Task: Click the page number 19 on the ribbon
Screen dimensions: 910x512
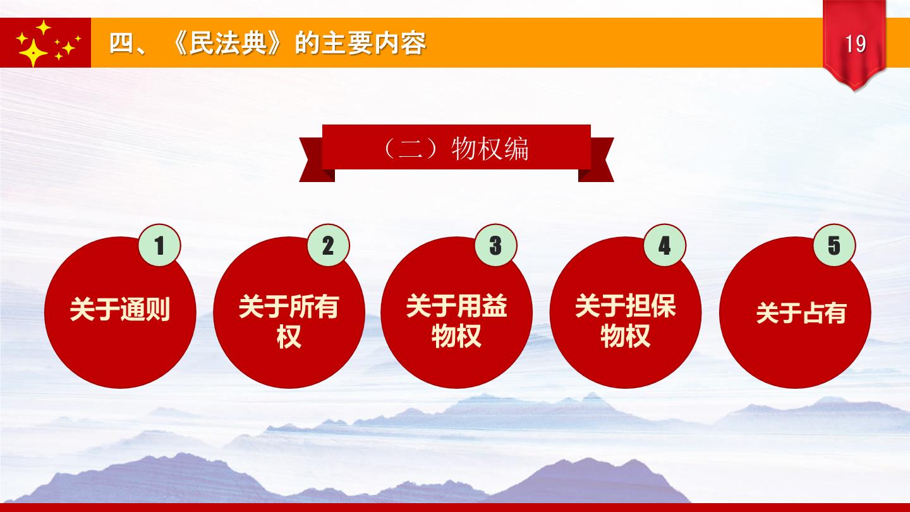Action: [x=855, y=44]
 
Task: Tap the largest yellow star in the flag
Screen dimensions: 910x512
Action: [x=33, y=52]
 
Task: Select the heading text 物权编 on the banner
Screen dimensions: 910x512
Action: [x=490, y=149]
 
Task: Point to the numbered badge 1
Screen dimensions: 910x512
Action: [x=160, y=245]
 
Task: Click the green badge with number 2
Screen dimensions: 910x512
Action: [x=328, y=245]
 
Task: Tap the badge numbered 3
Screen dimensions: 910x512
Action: [x=496, y=245]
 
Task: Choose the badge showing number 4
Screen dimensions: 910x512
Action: [x=665, y=245]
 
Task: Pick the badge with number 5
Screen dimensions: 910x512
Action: [x=834, y=245]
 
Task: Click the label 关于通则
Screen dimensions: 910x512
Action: [x=120, y=310]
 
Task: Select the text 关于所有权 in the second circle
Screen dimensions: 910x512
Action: [x=289, y=321]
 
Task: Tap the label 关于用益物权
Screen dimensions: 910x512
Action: [x=457, y=321]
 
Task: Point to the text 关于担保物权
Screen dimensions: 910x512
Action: [x=626, y=321]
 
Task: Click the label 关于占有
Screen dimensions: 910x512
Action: [x=801, y=313]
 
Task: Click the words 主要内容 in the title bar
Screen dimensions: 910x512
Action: [x=373, y=43]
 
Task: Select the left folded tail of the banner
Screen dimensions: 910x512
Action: [x=317, y=160]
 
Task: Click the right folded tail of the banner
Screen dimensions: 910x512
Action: [x=596, y=160]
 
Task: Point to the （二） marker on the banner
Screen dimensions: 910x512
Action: [x=410, y=149]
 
